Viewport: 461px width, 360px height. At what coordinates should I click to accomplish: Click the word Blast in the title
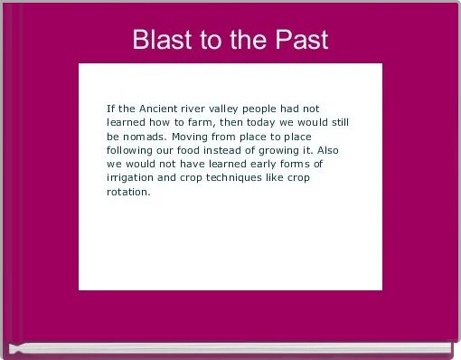click(161, 41)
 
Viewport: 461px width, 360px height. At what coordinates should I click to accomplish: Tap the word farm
click(221, 121)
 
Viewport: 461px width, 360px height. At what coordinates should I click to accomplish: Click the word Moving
click(193, 136)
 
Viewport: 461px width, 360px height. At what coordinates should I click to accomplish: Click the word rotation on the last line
click(127, 193)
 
